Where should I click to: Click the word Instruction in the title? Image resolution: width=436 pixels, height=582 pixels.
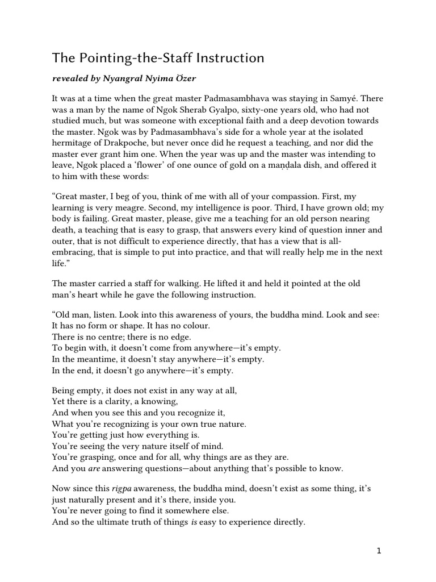(229, 58)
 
